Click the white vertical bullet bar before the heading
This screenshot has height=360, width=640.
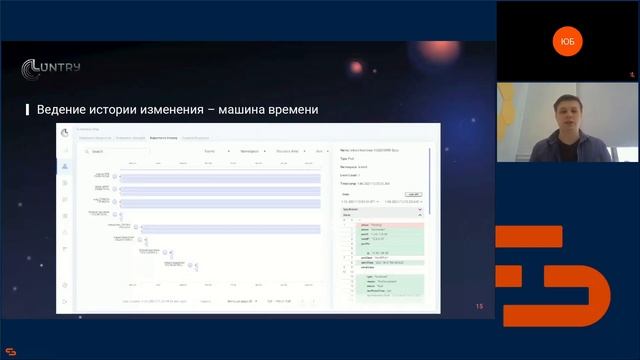pyautogui.click(x=27, y=109)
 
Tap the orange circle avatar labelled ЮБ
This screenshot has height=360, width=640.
pyautogui.click(x=568, y=40)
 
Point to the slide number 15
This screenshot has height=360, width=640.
pyautogui.click(x=479, y=306)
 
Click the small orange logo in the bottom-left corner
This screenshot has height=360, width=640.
pyautogui.click(x=11, y=351)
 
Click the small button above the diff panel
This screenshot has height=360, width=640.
pyautogui.click(x=413, y=194)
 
